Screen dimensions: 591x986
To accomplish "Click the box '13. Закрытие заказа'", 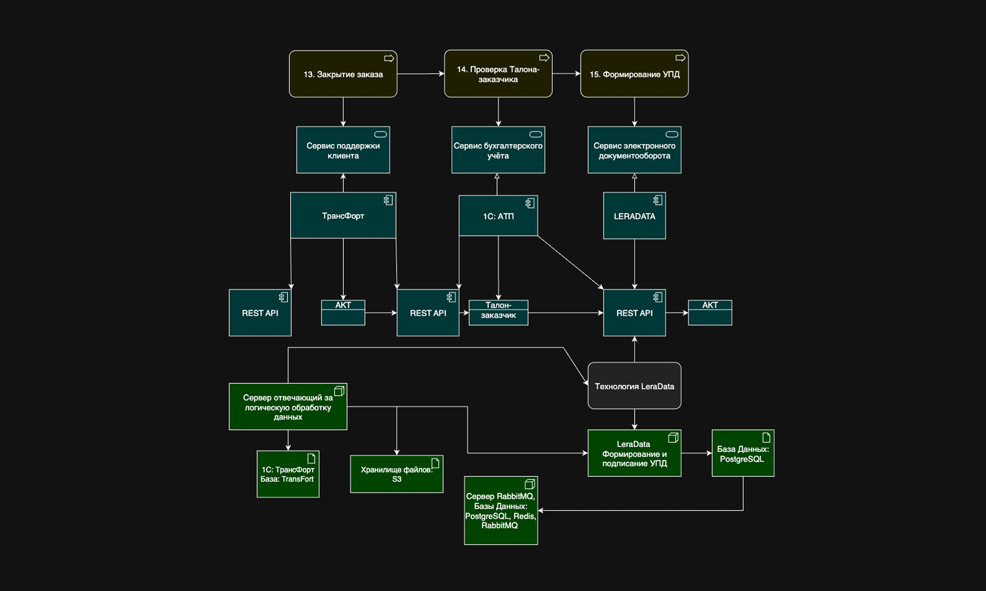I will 343,74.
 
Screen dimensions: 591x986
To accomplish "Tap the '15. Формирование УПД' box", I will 634,74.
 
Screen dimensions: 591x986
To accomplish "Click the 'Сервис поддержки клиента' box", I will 343,150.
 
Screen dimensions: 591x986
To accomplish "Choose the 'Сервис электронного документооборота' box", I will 634,150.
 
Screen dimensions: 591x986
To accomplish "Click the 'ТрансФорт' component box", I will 343,216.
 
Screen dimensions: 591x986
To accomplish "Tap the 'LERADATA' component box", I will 634,216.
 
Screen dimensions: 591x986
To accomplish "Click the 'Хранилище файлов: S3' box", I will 396,474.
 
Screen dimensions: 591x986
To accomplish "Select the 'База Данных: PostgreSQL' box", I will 742,453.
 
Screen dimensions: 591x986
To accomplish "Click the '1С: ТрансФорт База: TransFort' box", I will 288,474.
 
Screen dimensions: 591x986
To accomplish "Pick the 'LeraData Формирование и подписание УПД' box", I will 634,453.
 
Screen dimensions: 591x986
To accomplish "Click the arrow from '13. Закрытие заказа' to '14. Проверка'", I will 420,74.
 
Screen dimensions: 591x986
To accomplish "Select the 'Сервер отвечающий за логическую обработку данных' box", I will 288,407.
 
